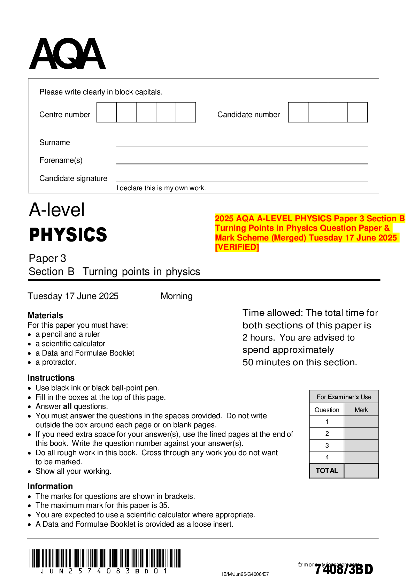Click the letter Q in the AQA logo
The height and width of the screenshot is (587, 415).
(67, 53)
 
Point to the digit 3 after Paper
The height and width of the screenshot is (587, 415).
(362, 219)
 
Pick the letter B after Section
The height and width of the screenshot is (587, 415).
(402, 219)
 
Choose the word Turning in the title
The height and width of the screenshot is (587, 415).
(230, 228)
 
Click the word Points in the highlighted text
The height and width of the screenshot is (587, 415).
(261, 228)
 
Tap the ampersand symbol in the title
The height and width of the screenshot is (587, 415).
(387, 228)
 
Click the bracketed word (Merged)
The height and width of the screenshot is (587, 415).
(289, 238)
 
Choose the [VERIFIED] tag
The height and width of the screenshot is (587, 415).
(237, 247)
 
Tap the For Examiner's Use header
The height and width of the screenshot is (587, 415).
(344, 397)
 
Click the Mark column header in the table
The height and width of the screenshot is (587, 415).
(361, 410)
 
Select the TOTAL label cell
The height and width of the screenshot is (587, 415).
(326, 471)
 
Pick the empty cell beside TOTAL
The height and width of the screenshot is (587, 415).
(361, 471)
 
